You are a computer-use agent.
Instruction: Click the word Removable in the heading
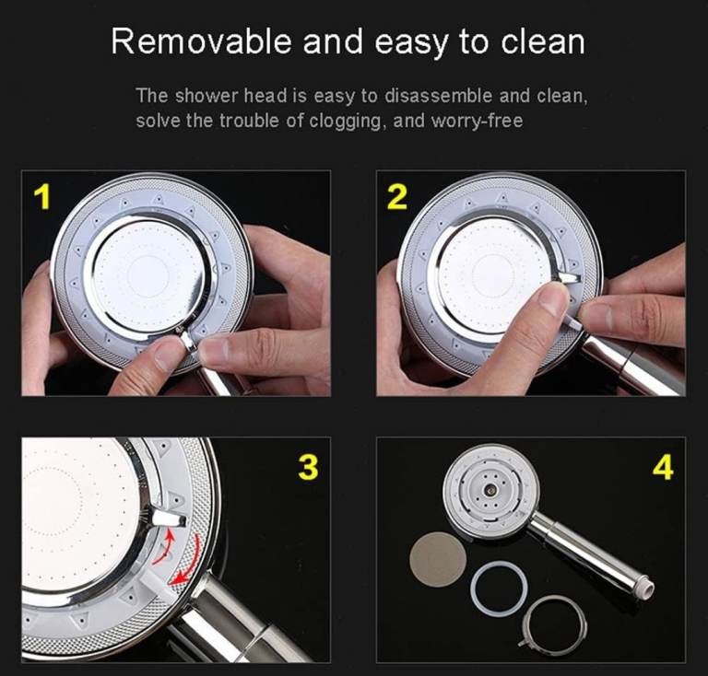[202, 41]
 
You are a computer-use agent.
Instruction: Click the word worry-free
[477, 121]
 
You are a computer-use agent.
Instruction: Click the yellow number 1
[42, 197]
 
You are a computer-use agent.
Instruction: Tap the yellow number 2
[397, 197]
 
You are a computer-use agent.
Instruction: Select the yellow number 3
[309, 467]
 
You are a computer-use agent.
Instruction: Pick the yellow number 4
[663, 467]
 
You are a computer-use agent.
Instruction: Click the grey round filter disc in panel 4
[438, 558]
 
